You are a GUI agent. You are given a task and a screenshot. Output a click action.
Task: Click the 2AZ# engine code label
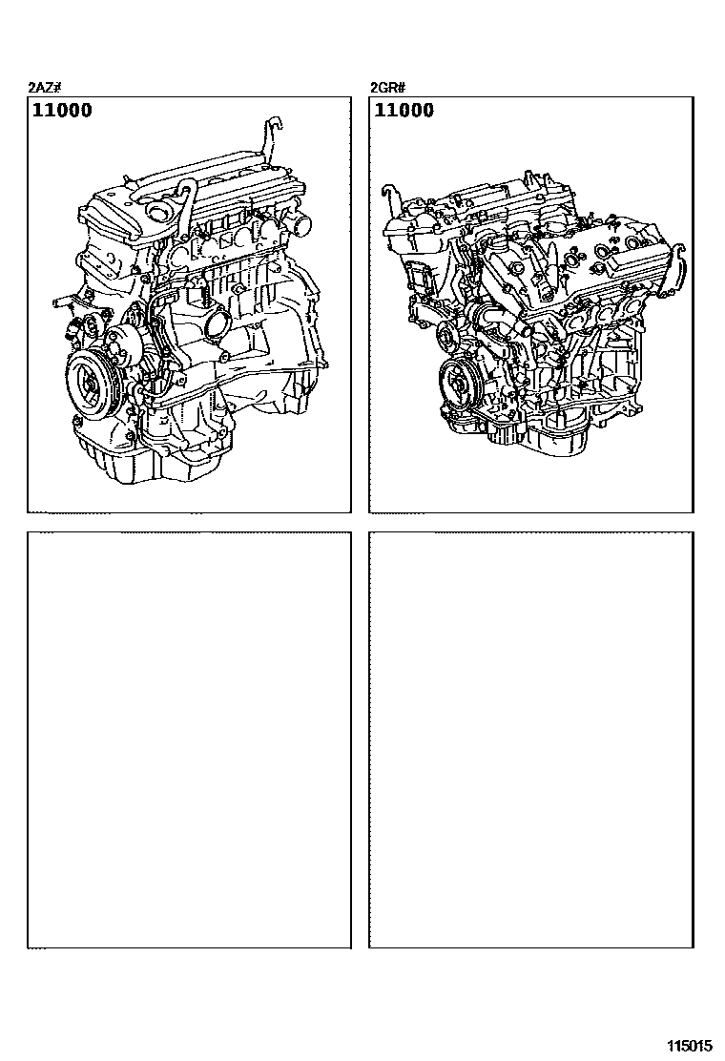46,87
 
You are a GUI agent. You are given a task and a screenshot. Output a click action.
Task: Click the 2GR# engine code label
387,87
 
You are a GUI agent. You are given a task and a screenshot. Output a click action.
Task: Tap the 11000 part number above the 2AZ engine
62,111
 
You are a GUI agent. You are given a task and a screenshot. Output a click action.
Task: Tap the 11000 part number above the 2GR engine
404,111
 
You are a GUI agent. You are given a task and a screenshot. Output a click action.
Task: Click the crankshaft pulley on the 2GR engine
461,384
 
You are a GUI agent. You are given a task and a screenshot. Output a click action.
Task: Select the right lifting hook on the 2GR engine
682,267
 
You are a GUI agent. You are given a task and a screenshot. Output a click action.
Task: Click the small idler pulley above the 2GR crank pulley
445,334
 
